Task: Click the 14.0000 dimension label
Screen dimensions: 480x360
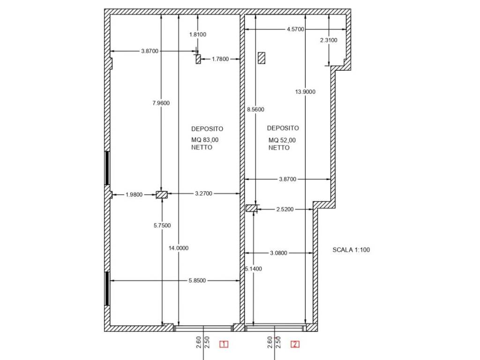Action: pyautogui.click(x=179, y=248)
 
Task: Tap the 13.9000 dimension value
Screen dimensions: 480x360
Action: pyautogui.click(x=305, y=91)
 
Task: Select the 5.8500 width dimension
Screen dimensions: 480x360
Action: pyautogui.click(x=197, y=280)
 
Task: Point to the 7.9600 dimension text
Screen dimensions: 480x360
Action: pyautogui.click(x=161, y=103)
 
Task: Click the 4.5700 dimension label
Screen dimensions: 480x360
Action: pyautogui.click(x=295, y=29)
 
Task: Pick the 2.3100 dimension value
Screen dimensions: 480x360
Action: pyautogui.click(x=329, y=40)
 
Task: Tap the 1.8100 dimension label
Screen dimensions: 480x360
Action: pyautogui.click(x=198, y=35)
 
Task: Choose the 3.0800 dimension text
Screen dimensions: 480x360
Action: pyautogui.click(x=278, y=253)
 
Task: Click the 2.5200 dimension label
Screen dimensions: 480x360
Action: pyautogui.click(x=285, y=210)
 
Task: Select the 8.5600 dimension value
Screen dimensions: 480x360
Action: pyautogui.click(x=255, y=109)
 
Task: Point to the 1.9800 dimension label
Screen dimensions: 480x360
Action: pyautogui.click(x=134, y=195)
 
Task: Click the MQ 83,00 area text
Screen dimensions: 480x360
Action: pyautogui.click(x=205, y=140)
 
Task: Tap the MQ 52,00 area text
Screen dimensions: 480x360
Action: pyautogui.click(x=282, y=140)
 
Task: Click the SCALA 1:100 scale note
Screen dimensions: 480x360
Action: pyautogui.click(x=351, y=250)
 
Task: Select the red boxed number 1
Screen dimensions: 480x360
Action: pyautogui.click(x=224, y=345)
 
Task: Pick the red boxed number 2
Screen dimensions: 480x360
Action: pyautogui.click(x=295, y=345)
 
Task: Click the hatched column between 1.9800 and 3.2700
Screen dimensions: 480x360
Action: pyautogui.click(x=162, y=195)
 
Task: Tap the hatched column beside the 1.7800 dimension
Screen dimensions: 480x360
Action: pyautogui.click(x=198, y=59)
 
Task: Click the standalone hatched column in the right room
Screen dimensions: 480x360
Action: pyautogui.click(x=262, y=58)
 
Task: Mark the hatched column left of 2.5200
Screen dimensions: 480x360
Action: pyautogui.click(x=251, y=208)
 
